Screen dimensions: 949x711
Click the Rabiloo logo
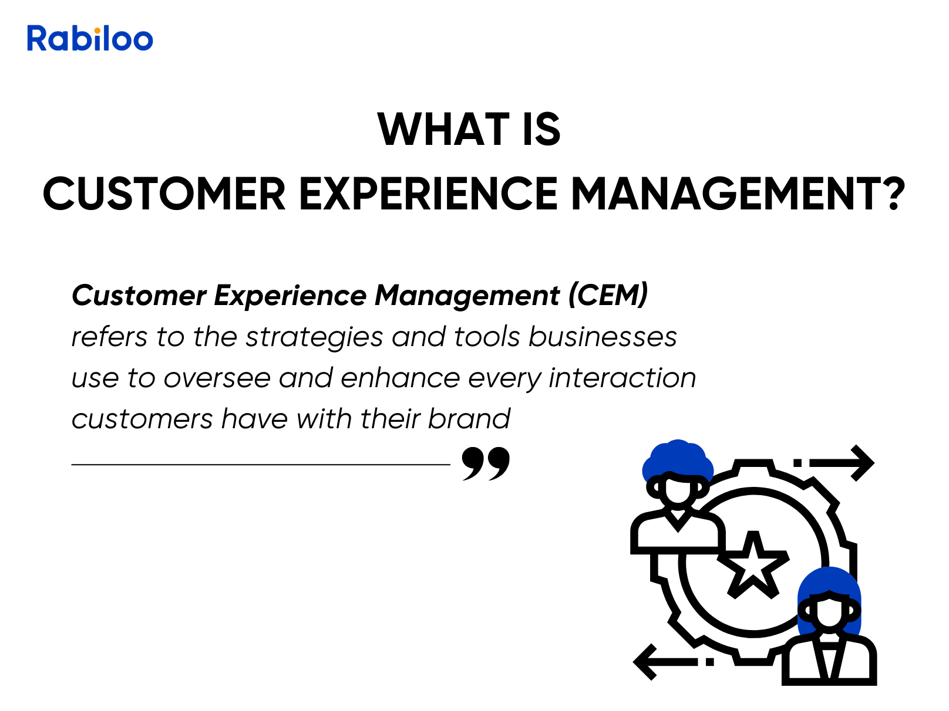[90, 38]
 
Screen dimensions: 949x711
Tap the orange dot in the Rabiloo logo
[97, 31]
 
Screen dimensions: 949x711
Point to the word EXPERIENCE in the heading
[429, 194]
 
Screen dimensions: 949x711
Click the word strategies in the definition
[314, 337]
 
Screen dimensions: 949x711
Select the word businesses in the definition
[603, 336]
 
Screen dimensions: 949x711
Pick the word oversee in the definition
[217, 378]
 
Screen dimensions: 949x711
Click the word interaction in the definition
[622, 377]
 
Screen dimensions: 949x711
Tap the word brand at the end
[469, 418]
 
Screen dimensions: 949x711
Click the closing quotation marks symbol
[486, 463]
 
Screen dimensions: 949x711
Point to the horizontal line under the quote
[261, 465]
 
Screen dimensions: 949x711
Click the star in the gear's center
[753, 565]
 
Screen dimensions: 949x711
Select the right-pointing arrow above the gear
[834, 463]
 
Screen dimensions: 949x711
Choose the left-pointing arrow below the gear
[673, 662]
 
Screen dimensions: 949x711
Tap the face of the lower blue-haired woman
[829, 611]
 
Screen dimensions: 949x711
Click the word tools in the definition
[487, 336]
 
